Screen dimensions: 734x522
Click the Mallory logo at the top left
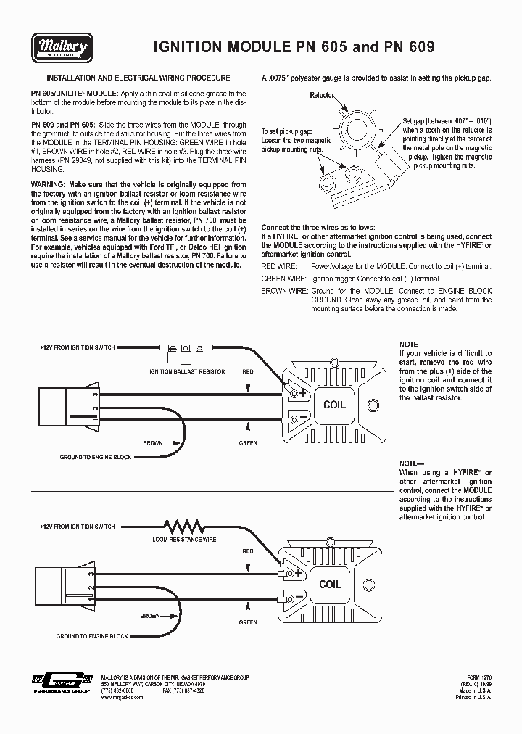pyautogui.click(x=60, y=48)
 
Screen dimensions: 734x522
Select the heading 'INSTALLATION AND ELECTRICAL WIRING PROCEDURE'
pyautogui.click(x=138, y=77)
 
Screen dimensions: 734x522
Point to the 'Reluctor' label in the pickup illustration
pyautogui.click(x=322, y=95)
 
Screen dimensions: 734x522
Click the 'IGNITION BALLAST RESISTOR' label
pyautogui.click(x=187, y=371)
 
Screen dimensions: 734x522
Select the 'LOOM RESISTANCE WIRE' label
pyautogui.click(x=184, y=540)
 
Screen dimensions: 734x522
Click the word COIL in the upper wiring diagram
pyautogui.click(x=334, y=405)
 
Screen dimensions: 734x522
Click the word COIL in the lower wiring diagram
pyautogui.click(x=330, y=585)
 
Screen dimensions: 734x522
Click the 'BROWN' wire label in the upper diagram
pyautogui.click(x=152, y=442)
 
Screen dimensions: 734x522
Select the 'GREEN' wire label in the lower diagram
pyautogui.click(x=248, y=622)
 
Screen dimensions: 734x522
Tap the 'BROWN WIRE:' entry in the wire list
pyautogui.click(x=284, y=291)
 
